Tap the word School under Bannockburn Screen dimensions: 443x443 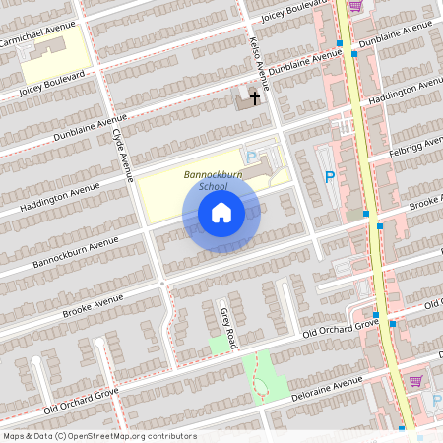(212, 186)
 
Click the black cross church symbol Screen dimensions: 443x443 (255, 97)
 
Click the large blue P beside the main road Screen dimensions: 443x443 (330, 177)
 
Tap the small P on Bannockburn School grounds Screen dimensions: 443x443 (251, 157)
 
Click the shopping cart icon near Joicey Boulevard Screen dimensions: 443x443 (354, 5)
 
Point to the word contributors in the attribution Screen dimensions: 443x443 (168, 436)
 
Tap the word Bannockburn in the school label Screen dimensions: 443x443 (213, 175)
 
